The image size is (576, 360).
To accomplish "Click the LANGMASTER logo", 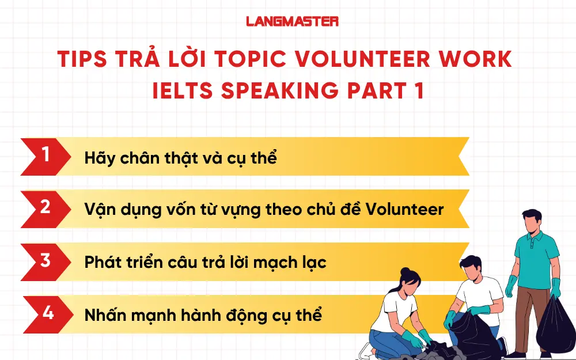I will pyautogui.click(x=292, y=22).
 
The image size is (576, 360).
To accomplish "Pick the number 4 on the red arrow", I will pyautogui.click(x=48, y=313).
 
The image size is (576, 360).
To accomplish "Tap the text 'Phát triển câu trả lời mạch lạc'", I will pyautogui.click(x=205, y=263).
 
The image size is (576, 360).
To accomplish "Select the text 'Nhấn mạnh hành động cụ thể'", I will pyautogui.click(x=203, y=315).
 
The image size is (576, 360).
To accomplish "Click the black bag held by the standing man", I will pyautogui.click(x=555, y=325).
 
